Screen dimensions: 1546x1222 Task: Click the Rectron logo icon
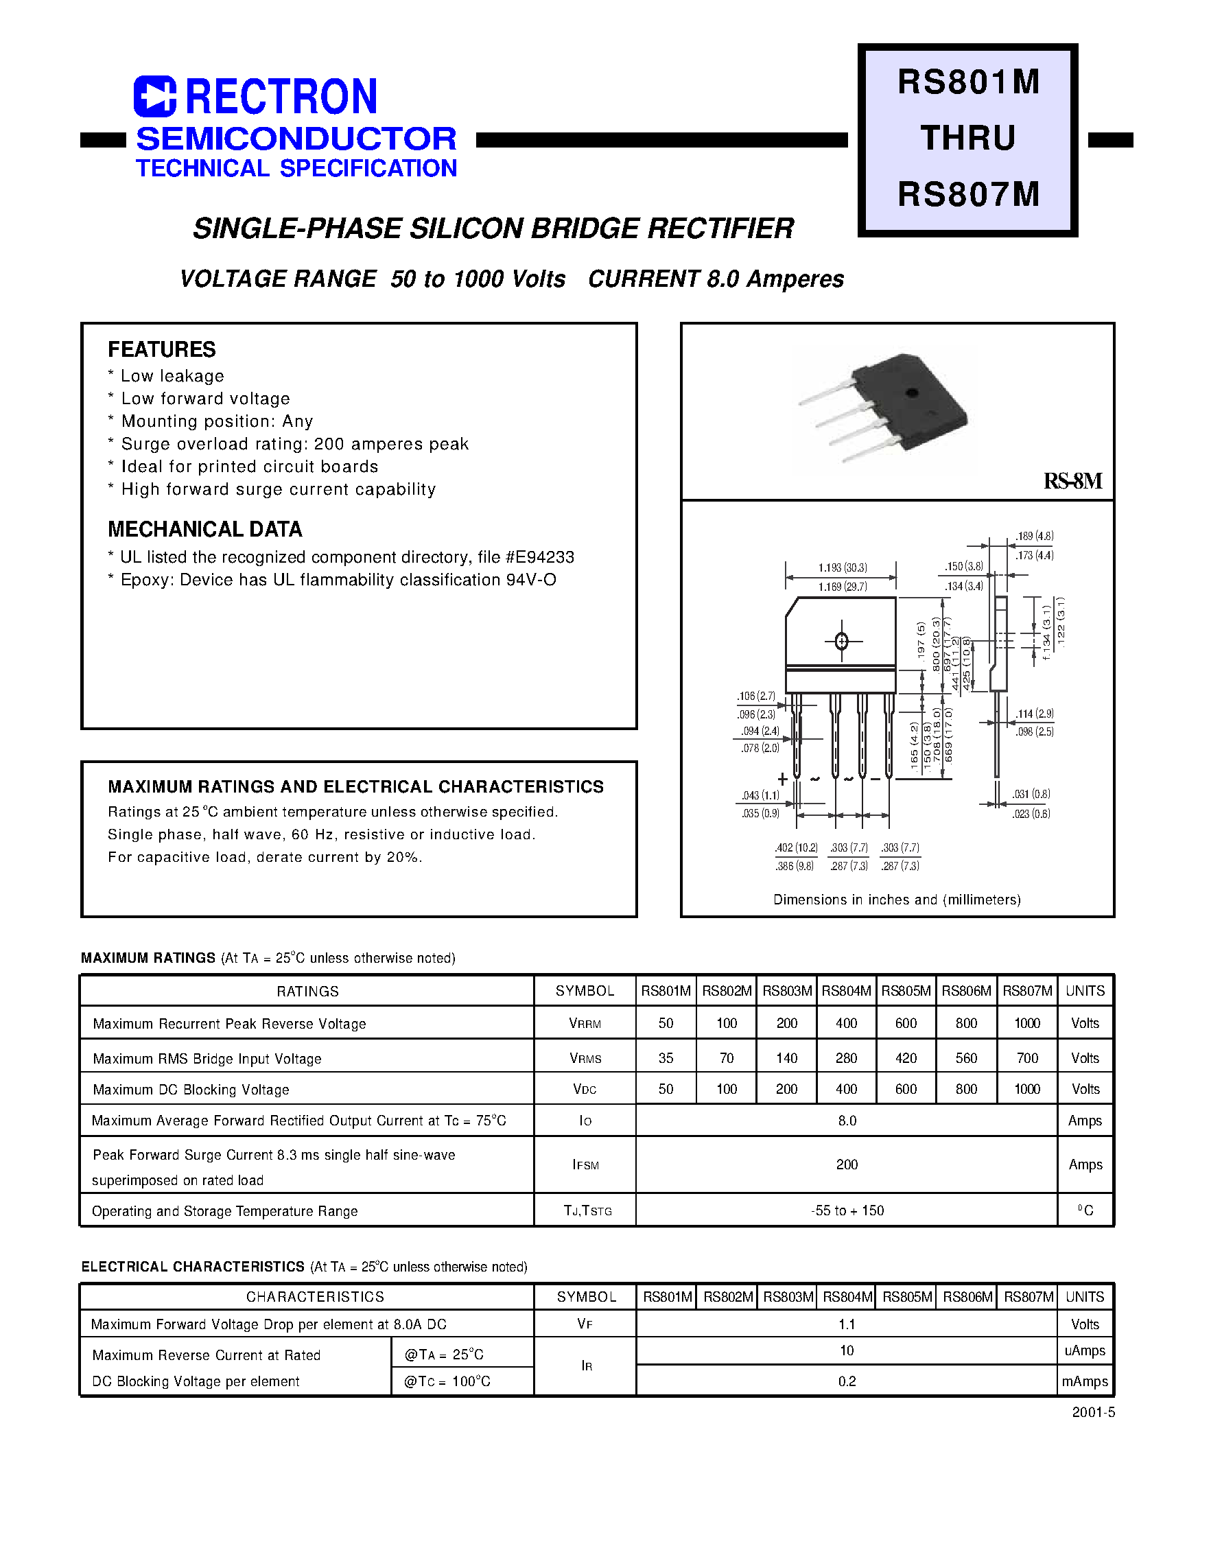(154, 97)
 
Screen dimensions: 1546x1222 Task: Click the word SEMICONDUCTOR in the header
(296, 139)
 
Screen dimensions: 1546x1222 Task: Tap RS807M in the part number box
(968, 194)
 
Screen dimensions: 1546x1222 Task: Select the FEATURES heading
(162, 349)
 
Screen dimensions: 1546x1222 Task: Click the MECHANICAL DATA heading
(204, 530)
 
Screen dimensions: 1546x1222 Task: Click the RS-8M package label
(1072, 481)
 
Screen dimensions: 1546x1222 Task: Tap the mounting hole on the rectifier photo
(911, 392)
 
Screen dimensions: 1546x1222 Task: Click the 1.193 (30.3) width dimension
(842, 567)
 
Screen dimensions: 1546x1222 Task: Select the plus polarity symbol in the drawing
(783, 779)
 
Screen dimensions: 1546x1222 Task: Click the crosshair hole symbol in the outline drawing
(841, 641)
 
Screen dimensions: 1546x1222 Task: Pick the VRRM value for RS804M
(847, 1024)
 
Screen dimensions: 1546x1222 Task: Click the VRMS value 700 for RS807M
(1026, 1058)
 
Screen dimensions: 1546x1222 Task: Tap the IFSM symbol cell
(585, 1164)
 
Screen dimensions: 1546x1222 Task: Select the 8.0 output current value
(847, 1121)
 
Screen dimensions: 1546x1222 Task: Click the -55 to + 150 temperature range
(847, 1210)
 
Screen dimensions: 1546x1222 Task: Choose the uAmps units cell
(1085, 1350)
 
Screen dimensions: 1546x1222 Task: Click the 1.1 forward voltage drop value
(847, 1324)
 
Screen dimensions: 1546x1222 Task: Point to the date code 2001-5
(1093, 1412)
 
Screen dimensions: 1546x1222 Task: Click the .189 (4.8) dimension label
(1035, 536)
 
